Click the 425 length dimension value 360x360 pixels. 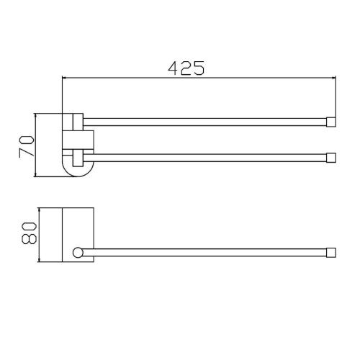coord(186,68)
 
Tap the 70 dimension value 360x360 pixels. coord(27,146)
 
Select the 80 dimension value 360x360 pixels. coord(29,233)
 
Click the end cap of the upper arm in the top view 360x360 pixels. coord(331,122)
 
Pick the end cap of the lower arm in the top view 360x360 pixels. coord(331,158)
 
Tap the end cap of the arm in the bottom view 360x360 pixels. coord(331,253)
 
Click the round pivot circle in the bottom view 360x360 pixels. coord(78,253)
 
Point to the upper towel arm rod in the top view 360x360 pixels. coord(204,122)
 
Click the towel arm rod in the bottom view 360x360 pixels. coord(204,253)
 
